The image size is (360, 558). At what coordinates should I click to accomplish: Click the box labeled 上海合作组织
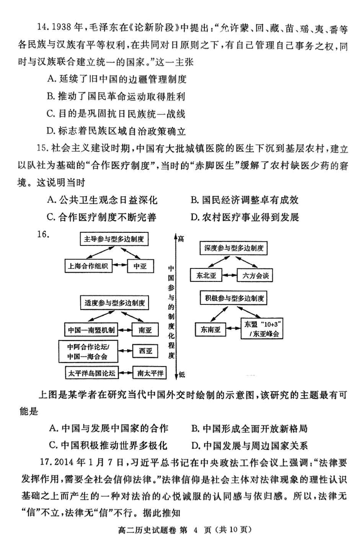point(89,266)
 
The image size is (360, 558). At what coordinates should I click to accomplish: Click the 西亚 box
point(145,350)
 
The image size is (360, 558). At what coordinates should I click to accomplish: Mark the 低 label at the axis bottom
point(181,374)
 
